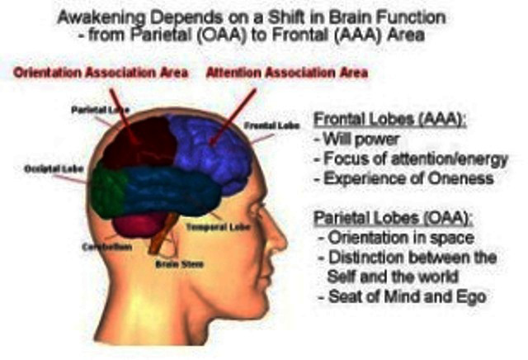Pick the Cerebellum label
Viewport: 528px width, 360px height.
coord(106,247)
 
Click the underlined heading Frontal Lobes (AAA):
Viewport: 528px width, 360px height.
coord(390,120)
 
